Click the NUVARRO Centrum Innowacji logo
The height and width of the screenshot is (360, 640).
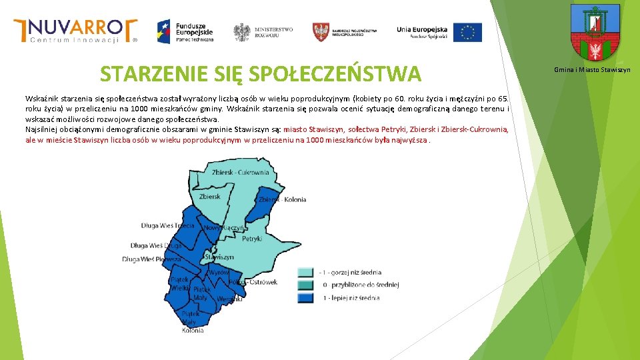[x=75, y=31]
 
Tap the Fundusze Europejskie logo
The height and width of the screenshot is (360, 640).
[x=185, y=31]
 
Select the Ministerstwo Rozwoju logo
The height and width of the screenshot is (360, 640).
[x=263, y=31]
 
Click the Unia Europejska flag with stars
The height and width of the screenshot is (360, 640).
[x=467, y=32]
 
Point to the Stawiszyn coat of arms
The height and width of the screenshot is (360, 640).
[x=595, y=33]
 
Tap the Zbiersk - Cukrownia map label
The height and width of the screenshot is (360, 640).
[x=240, y=173]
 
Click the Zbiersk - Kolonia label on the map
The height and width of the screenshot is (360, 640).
[x=282, y=199]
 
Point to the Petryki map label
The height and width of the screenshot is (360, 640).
[x=252, y=238]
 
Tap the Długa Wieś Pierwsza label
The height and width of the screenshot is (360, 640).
[x=151, y=259]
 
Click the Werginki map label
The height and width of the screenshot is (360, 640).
[x=229, y=299]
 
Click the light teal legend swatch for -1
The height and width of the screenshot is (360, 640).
[x=305, y=272]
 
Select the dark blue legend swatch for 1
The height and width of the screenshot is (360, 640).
[x=305, y=297]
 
